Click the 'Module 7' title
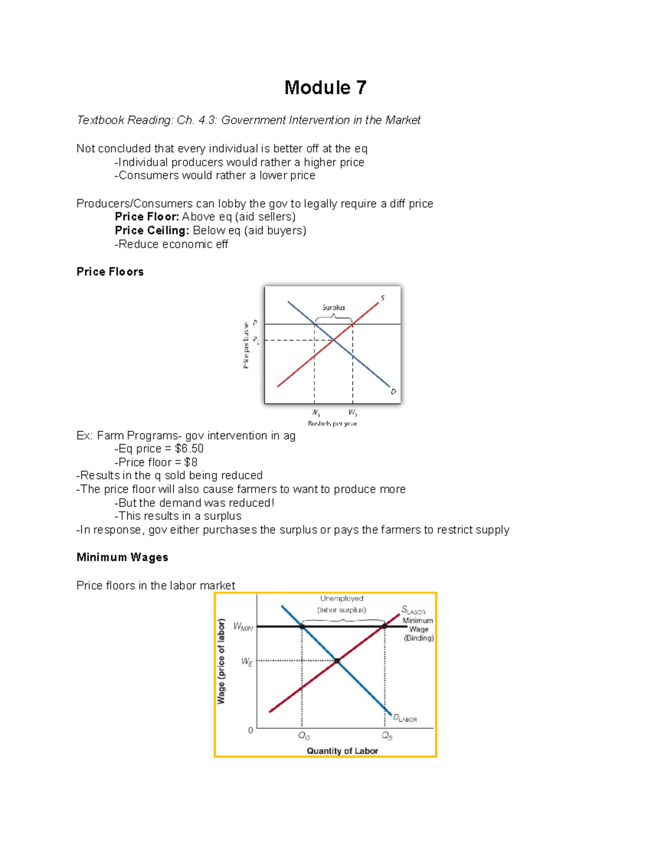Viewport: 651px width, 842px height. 325,88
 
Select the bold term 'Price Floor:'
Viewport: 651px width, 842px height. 146,217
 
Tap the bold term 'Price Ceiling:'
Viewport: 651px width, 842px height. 152,230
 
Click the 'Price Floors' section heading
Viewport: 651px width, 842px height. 110,272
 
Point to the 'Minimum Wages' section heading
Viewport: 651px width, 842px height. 122,557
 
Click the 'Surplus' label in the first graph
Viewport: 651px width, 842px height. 334,307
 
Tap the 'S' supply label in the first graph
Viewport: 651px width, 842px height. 382,298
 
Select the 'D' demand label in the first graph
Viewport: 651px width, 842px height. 393,391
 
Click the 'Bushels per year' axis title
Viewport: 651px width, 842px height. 333,423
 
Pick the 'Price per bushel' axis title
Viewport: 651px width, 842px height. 246,345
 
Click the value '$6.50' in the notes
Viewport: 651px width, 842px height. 189,449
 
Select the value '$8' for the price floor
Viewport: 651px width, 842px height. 191,462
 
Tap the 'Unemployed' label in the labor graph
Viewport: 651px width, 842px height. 342,599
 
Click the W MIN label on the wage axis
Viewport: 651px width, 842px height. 243,627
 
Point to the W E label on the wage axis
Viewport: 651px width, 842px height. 247,661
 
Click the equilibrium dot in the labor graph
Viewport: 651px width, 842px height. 337,660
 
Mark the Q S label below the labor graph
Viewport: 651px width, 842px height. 387,736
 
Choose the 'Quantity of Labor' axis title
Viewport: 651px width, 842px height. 342,751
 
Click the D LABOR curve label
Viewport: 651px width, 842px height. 405,718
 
